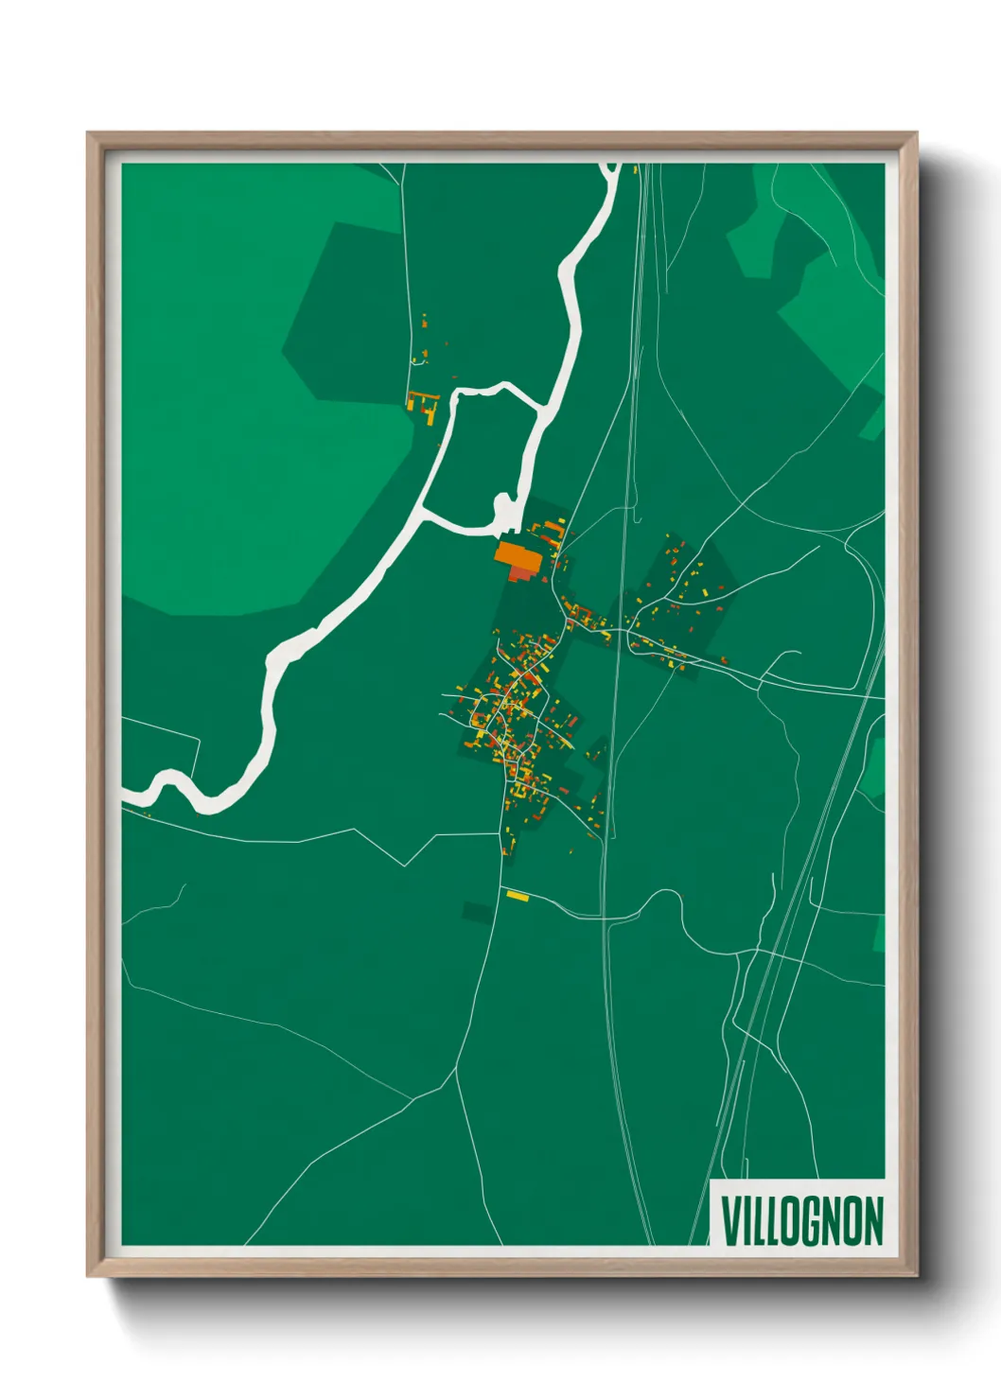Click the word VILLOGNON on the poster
(x=802, y=1221)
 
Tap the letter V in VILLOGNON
(x=732, y=1221)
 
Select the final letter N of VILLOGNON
(x=873, y=1221)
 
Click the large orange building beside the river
(x=518, y=554)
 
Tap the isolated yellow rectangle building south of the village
(x=517, y=895)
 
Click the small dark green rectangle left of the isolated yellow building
(x=477, y=912)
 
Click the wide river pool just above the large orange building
(x=506, y=511)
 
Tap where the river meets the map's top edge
(x=611, y=166)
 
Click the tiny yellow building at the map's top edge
(x=636, y=169)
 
